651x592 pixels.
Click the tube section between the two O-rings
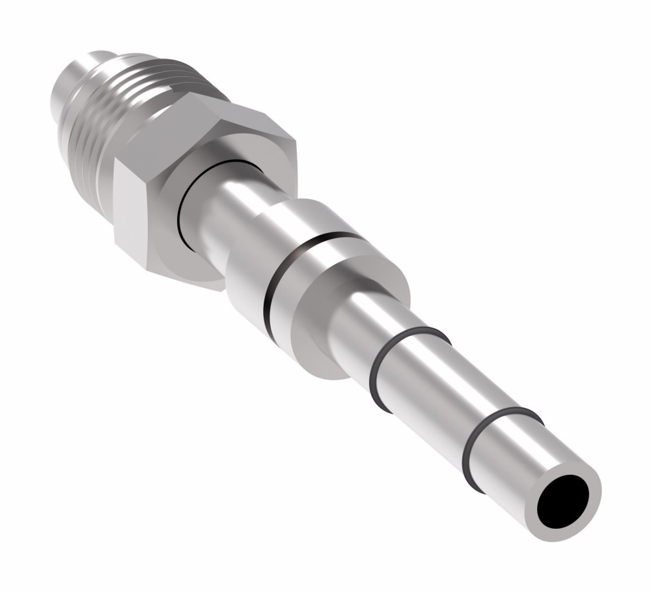[449, 397]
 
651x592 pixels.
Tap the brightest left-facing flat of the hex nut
[137, 208]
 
